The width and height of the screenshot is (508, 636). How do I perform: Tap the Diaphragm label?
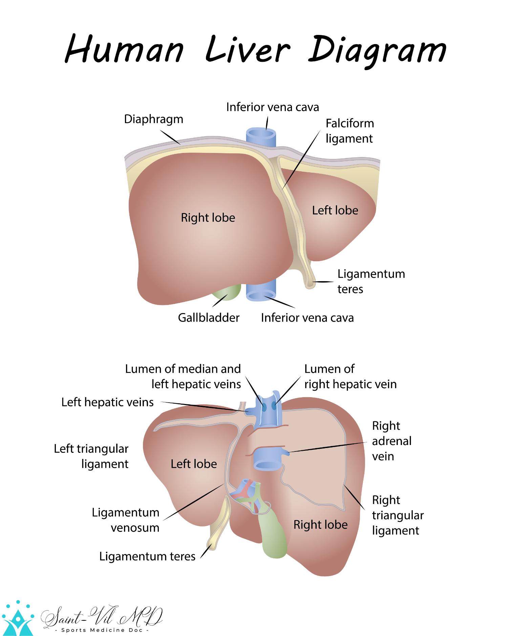coord(153,119)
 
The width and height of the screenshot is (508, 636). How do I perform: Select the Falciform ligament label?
coord(350,131)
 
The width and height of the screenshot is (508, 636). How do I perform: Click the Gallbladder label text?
coord(209,318)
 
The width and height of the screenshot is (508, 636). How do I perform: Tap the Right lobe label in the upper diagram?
coord(208,217)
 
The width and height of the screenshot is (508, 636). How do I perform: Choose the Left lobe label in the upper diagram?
coord(335,210)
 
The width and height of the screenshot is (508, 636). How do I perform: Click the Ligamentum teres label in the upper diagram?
coord(371,281)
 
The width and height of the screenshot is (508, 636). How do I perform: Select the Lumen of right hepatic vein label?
coord(350,377)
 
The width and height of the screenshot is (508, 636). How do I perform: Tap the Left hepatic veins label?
coord(107,402)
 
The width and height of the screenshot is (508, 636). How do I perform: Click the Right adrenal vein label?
coord(391,441)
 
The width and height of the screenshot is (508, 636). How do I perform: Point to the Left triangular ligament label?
coord(91,456)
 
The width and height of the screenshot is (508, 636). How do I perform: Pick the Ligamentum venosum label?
coord(126,520)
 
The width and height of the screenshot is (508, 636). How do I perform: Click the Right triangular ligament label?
coord(398,515)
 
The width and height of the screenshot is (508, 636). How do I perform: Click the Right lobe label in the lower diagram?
coord(320,525)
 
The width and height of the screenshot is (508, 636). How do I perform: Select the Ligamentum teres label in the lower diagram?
coord(147,556)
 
